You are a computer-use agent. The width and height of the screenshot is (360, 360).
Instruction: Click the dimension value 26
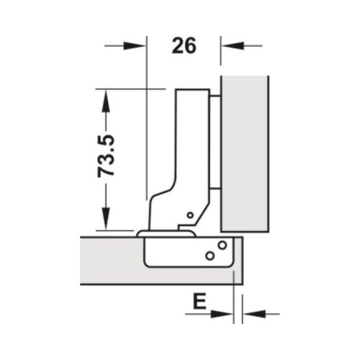click(184, 46)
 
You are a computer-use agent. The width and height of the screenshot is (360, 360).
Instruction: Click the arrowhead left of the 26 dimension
click(138, 45)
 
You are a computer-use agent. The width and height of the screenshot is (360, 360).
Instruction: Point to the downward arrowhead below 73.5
click(106, 220)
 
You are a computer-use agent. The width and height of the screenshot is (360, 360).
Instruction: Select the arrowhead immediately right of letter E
click(225, 313)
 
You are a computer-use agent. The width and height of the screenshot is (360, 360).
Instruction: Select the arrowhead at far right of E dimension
click(252, 313)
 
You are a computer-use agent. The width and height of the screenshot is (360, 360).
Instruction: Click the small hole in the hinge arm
click(189, 215)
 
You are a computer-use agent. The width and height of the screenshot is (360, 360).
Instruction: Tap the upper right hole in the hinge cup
click(222, 245)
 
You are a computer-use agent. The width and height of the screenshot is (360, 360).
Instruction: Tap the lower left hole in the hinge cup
click(209, 255)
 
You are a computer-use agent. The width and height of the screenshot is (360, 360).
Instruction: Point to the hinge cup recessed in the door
click(184, 252)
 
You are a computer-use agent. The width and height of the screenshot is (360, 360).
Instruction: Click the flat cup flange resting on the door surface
click(166, 233)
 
